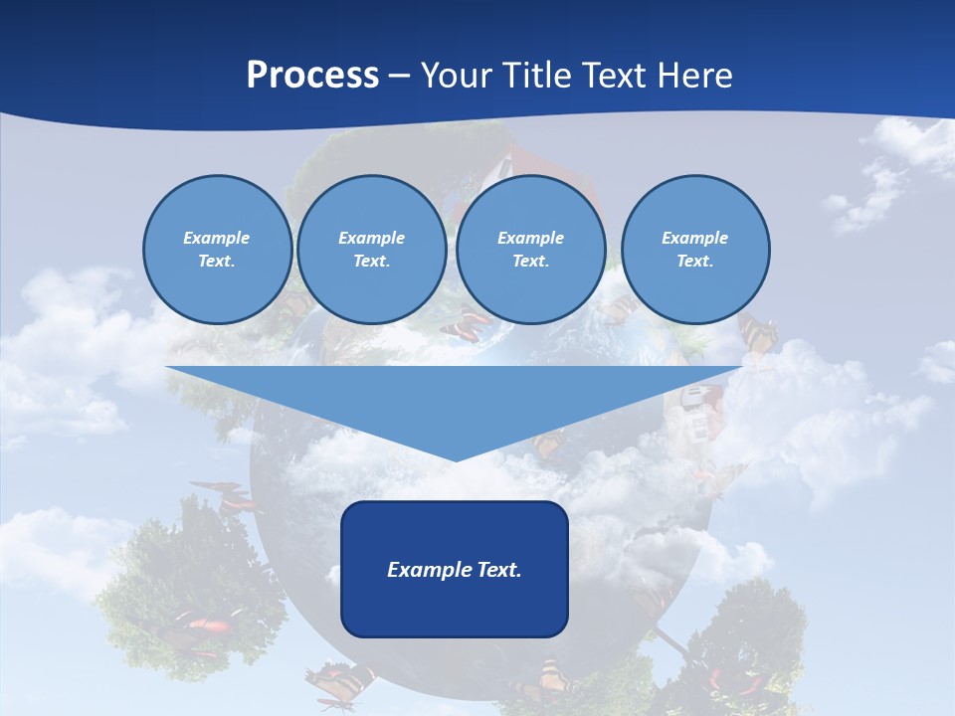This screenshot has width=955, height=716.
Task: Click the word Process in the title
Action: (312, 76)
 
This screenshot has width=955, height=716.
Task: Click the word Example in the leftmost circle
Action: (217, 238)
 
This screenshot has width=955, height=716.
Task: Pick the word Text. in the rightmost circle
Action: (694, 261)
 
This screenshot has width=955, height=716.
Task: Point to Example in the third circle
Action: (530, 238)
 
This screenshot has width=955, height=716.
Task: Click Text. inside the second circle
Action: (371, 261)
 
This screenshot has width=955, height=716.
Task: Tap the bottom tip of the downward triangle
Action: (455, 458)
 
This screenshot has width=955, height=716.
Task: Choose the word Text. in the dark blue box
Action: (498, 570)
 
